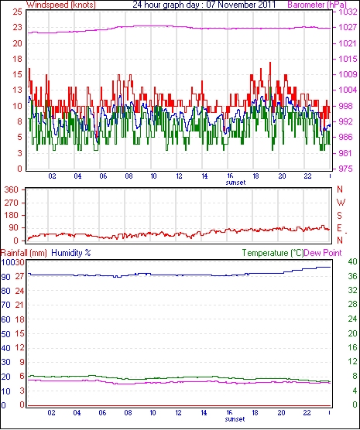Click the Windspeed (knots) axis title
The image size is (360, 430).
pyautogui.click(x=61, y=5)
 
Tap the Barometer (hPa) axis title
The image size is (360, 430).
pyautogui.click(x=317, y=5)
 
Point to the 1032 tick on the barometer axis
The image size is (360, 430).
pyautogui.click(x=348, y=12)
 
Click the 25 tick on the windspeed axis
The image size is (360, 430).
pyautogui.click(x=17, y=12)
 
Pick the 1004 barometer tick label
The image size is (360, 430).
pyautogui.click(x=348, y=90)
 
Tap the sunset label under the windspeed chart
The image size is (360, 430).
pyautogui.click(x=235, y=183)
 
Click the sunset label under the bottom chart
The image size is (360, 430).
pyautogui.click(x=235, y=419)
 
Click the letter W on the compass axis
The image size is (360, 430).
pyautogui.click(x=341, y=203)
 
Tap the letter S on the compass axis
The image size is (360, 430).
pyautogui.click(x=340, y=216)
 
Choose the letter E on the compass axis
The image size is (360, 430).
pyautogui.click(x=340, y=228)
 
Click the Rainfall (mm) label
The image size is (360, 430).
pyautogui.click(x=24, y=253)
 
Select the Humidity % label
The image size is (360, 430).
pyautogui.click(x=71, y=253)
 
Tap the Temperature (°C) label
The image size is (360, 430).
pyautogui.click(x=273, y=253)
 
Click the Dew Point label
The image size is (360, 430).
pyautogui.click(x=323, y=253)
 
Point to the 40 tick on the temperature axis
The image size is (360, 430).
pyautogui.click(x=352, y=261)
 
